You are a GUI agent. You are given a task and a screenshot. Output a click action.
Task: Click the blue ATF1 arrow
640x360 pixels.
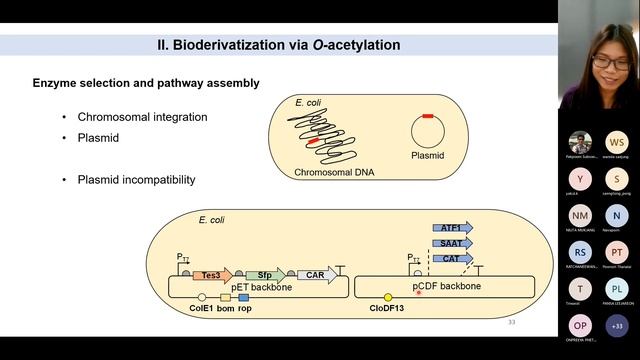click(x=453, y=228)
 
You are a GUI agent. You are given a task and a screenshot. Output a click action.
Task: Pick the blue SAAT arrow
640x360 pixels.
click(x=453, y=243)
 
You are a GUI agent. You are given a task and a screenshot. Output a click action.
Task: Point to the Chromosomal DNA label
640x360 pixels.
click(x=332, y=172)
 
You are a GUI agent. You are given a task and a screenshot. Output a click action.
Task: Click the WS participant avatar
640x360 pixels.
click(x=617, y=142)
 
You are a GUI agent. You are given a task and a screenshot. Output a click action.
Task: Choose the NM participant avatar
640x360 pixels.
click(x=580, y=216)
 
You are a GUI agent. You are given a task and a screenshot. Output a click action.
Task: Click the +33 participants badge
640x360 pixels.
click(x=617, y=326)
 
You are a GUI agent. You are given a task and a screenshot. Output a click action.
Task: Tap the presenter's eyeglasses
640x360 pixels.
click(x=608, y=62)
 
